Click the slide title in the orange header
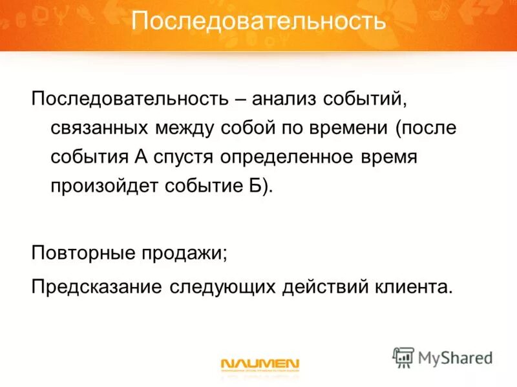click(x=258, y=22)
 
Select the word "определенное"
click(x=296, y=157)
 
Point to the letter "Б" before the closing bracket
click(x=257, y=184)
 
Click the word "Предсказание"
click(x=96, y=284)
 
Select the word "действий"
click(x=326, y=285)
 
